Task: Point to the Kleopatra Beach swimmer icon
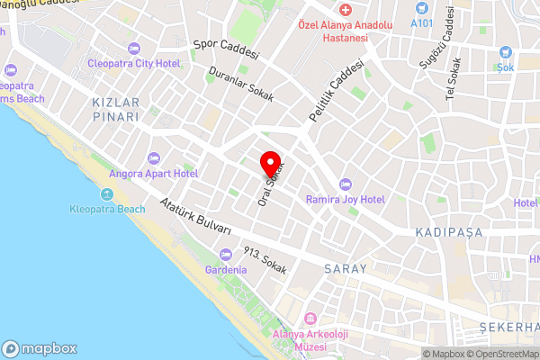107,194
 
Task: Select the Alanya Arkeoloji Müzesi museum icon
310,319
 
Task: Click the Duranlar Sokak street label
240,85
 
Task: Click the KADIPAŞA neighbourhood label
449,232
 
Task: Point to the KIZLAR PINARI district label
116,110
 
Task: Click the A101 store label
421,22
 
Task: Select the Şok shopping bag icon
505,51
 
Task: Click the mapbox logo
40,348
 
